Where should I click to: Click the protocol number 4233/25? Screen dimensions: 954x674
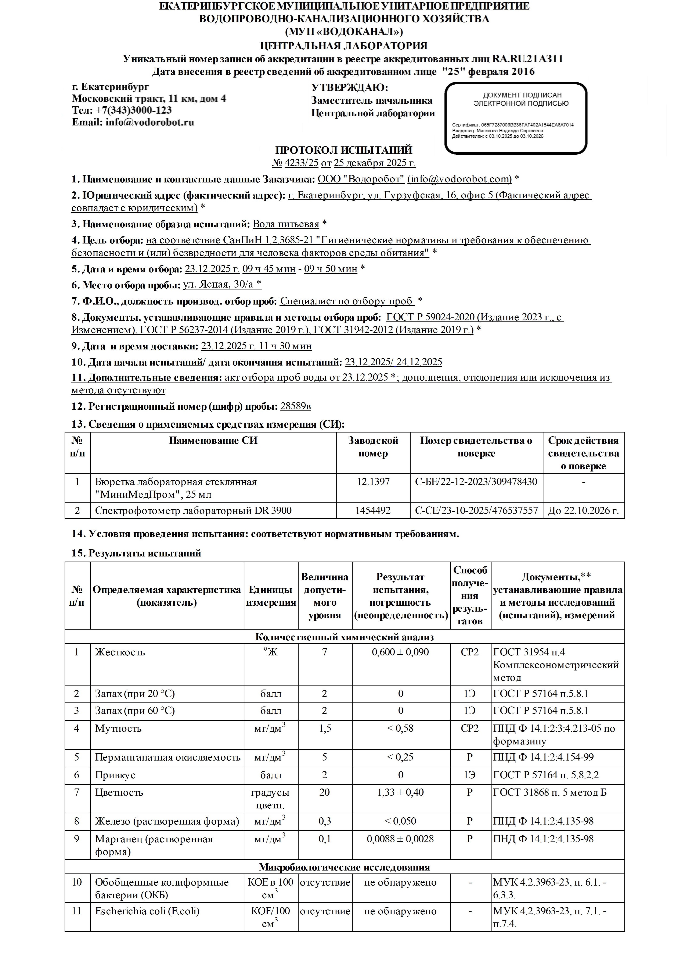[301, 163]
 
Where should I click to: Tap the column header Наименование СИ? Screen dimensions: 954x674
[213, 440]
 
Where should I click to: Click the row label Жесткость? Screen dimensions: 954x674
[120, 652]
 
